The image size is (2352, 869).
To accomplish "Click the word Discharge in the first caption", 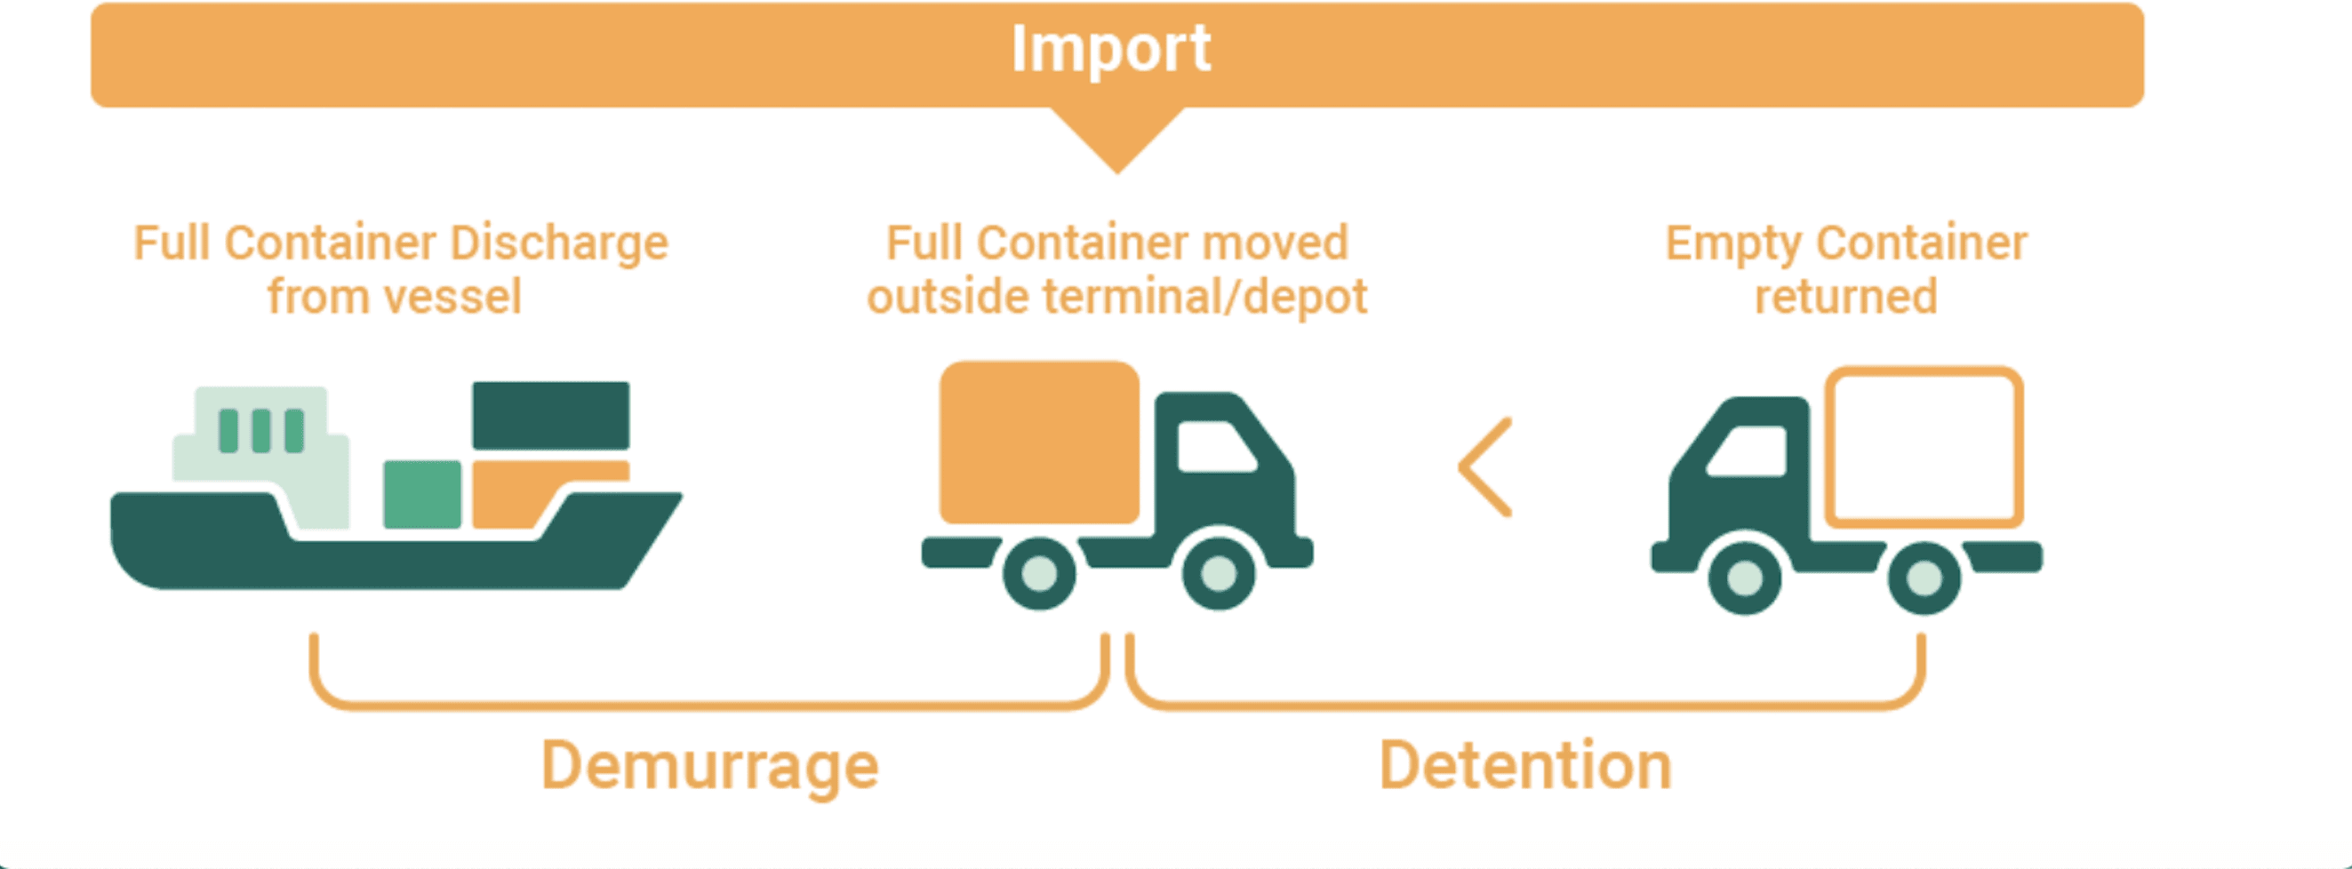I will point(559,243).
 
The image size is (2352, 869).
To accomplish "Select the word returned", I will point(1845,298).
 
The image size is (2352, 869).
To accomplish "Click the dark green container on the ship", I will point(550,415).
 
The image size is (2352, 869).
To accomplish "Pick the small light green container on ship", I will point(422,494).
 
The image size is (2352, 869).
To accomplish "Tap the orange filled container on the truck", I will point(1039,442).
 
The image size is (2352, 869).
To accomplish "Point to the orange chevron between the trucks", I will point(1484,467).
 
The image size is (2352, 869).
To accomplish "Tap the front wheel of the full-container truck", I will point(1219,573).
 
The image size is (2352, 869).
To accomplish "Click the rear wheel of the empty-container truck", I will point(1924,578).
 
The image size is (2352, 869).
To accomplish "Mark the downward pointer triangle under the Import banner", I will point(1116,137).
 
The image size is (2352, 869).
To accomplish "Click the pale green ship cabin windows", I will point(261,431).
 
